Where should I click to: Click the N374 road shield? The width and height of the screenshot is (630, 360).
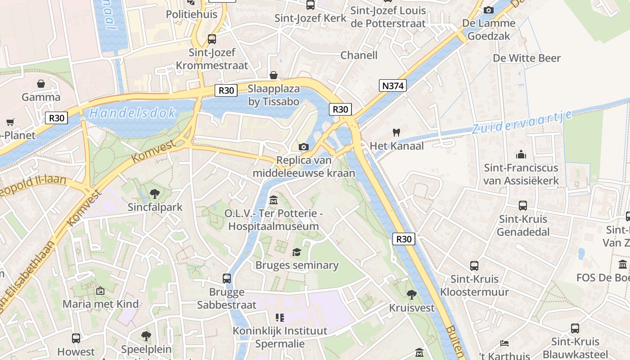393,85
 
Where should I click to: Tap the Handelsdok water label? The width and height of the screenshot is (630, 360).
132,113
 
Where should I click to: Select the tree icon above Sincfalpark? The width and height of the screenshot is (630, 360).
155,194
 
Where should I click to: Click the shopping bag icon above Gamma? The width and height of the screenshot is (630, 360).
41,84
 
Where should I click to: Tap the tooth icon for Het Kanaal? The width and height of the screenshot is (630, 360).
396,132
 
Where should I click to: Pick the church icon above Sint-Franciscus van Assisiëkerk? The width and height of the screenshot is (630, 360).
521,155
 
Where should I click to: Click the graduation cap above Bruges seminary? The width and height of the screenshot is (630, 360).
297,252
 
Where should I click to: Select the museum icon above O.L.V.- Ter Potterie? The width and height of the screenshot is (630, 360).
273,199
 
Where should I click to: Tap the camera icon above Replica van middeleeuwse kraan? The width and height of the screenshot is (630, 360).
304,147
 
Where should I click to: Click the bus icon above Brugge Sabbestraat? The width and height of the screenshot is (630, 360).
227,279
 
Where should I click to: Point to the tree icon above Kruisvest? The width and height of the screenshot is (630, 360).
411,295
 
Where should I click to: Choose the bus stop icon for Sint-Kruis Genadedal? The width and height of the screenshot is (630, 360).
523,206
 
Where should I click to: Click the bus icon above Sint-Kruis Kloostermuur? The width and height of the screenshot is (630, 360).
474,265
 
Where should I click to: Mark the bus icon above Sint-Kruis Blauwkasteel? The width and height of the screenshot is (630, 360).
575,328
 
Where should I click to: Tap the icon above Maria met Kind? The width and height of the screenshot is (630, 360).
100,291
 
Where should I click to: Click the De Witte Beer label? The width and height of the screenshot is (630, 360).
527,58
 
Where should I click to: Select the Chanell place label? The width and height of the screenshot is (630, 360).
359,55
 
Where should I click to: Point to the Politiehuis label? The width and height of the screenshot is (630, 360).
192,14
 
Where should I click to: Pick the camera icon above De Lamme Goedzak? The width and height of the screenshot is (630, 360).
488,10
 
